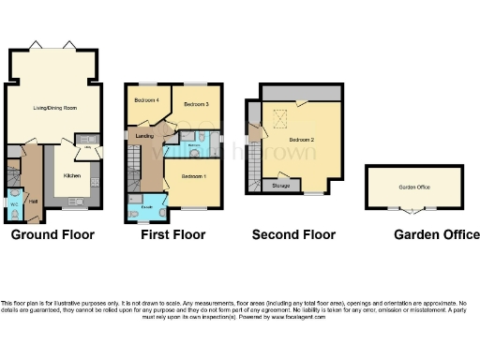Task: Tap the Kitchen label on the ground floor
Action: click(72, 175)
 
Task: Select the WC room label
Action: click(13, 203)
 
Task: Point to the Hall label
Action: click(32, 201)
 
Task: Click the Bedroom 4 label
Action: click(146, 99)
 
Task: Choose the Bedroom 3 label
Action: click(195, 103)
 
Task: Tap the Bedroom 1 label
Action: click(193, 176)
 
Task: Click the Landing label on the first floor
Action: click(145, 136)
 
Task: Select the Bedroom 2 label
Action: click(302, 140)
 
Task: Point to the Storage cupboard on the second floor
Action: click(281, 186)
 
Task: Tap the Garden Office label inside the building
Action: click(414, 187)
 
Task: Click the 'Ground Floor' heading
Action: click(52, 235)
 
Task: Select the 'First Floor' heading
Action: click(173, 235)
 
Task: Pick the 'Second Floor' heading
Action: click(293, 235)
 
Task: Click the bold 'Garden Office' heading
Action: click(436, 235)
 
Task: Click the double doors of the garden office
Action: click(414, 208)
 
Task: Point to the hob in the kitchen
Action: click(77, 200)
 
